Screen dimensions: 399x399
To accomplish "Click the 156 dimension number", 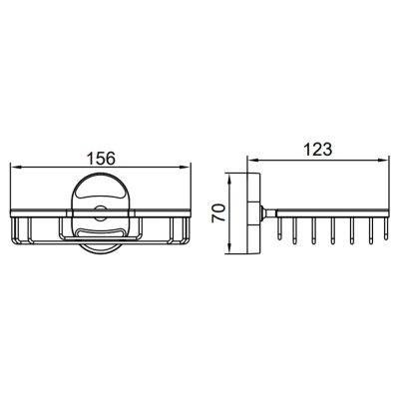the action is click(x=101, y=158).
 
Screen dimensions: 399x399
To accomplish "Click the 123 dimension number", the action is click(x=318, y=150).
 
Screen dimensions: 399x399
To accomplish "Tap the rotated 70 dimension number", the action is click(x=219, y=213).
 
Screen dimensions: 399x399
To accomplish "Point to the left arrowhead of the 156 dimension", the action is click(x=16, y=168).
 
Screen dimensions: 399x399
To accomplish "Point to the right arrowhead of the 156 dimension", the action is click(x=186, y=168).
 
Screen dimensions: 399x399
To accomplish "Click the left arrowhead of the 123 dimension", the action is click(x=253, y=160).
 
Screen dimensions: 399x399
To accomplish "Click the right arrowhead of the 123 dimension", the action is click(x=383, y=160).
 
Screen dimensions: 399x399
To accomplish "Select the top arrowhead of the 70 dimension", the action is click(x=229, y=179).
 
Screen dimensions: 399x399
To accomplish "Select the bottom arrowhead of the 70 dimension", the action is click(x=229, y=248).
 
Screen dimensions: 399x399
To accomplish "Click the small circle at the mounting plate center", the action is click(x=100, y=213).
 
